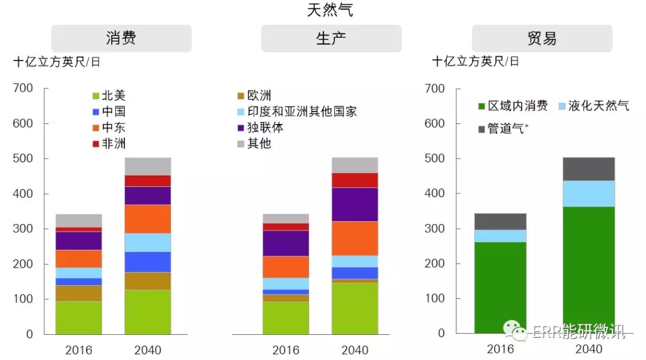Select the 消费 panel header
121,38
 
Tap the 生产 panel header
331,38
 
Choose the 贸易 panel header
542,38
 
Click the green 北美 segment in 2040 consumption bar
148,311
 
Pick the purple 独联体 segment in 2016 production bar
286,243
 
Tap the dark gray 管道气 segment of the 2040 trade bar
589,169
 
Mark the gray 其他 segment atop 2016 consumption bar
79,220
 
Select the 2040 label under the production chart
355,350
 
